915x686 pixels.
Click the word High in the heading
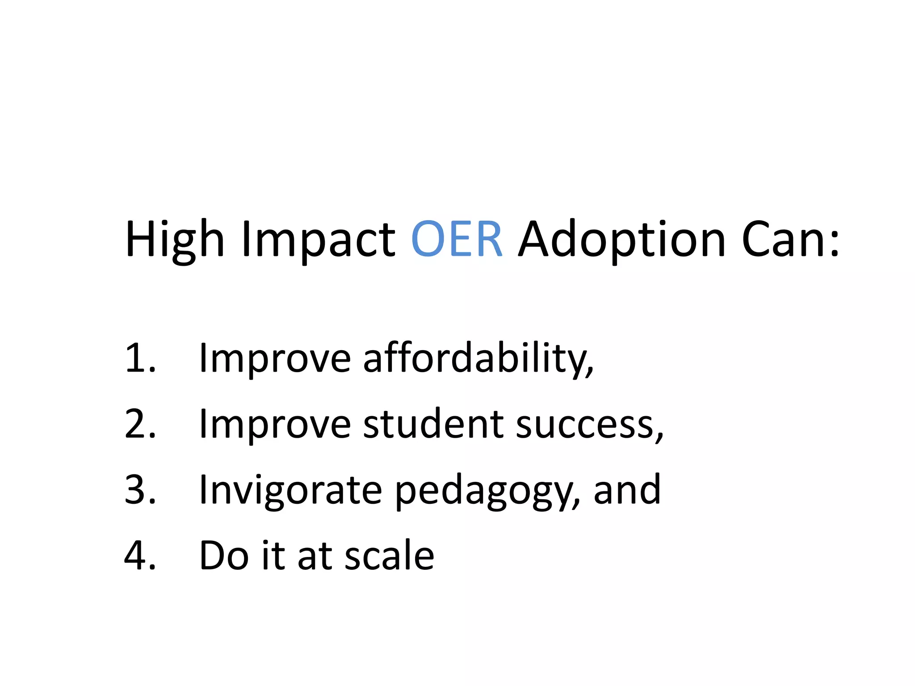[x=175, y=240]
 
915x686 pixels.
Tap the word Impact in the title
[x=318, y=240]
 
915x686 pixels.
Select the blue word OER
[x=456, y=240]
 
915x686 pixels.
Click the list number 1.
[x=139, y=358]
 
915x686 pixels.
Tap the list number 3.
[x=140, y=489]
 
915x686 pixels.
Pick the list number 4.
[x=140, y=556]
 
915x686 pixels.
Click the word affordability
[x=478, y=358]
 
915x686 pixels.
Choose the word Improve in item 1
[x=275, y=359]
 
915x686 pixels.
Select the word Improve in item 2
[x=275, y=424]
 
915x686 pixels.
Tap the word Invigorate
[x=290, y=490]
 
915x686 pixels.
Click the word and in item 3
[x=627, y=489]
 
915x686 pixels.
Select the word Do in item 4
[x=224, y=556]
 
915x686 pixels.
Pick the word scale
[x=389, y=556]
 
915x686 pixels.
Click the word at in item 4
[x=315, y=556]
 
